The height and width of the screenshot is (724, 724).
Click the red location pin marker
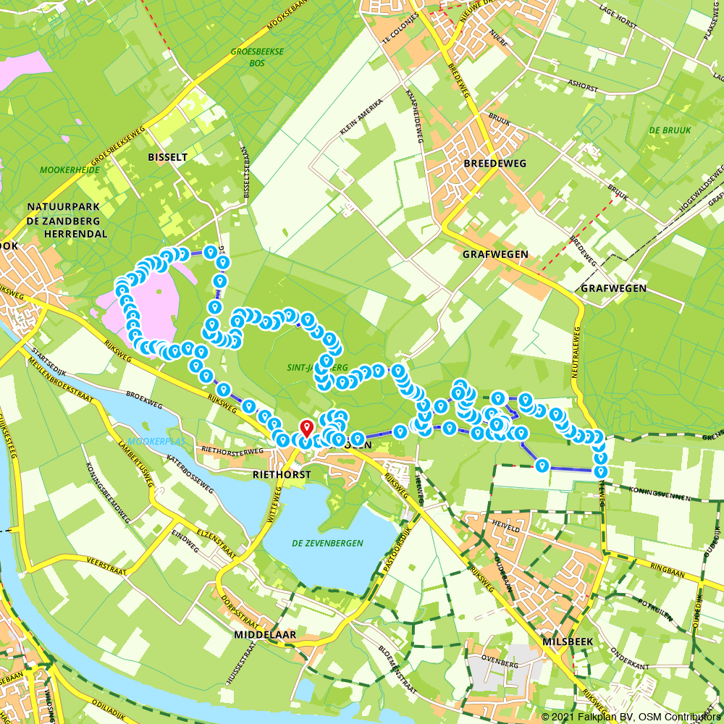(306, 427)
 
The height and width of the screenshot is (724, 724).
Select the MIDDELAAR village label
(265, 634)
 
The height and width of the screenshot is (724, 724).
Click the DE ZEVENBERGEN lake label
(327, 543)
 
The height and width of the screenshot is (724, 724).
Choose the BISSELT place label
(167, 156)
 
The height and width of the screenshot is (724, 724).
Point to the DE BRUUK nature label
(670, 130)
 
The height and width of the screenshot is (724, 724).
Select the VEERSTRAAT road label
(106, 571)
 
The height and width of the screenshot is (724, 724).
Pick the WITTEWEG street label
(274, 506)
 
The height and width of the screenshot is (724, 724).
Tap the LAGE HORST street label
(618, 18)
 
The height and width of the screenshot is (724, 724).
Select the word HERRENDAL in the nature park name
(75, 234)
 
